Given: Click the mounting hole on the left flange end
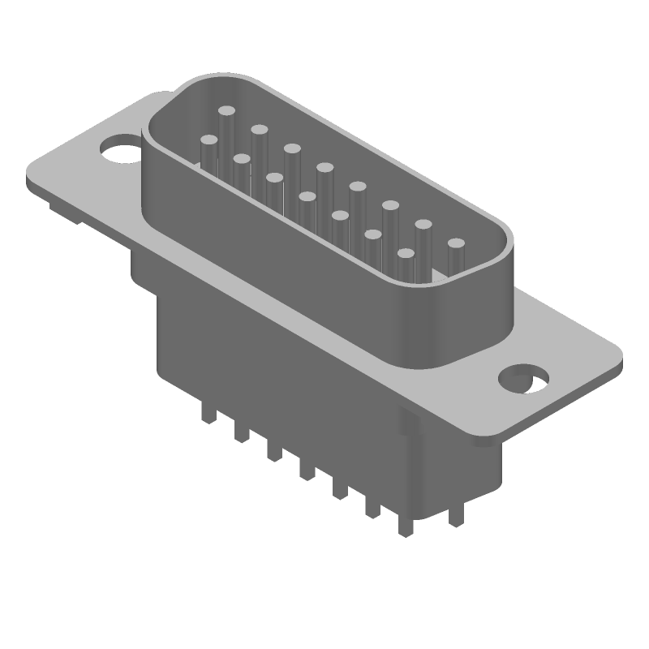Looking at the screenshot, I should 118,150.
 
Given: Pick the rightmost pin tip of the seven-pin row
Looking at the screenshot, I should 406,254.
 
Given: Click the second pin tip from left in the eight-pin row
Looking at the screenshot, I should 260,129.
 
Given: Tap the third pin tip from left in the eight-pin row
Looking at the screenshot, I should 292,148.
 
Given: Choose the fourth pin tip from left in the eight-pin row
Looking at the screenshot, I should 325,167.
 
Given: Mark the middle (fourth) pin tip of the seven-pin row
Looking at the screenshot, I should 307,196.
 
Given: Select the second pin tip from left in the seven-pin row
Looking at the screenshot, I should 241,158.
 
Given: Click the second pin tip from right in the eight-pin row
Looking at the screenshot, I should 423,223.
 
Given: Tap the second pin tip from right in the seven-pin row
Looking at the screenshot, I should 373,234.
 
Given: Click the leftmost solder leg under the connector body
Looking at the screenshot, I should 208,417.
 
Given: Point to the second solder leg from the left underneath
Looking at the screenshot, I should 241,435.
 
